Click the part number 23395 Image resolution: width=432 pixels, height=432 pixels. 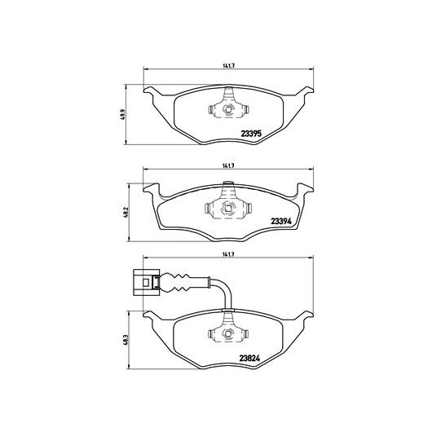pos(251,134)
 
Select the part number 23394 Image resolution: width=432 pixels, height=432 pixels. pos(281,221)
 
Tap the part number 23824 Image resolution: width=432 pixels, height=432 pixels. pos(250,358)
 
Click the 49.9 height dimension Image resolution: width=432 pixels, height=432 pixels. pos(123,114)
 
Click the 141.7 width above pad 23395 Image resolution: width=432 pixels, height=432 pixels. pos(228,65)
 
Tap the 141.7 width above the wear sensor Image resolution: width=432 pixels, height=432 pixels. pos(228,255)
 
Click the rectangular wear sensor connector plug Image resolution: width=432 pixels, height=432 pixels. pos(146,282)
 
